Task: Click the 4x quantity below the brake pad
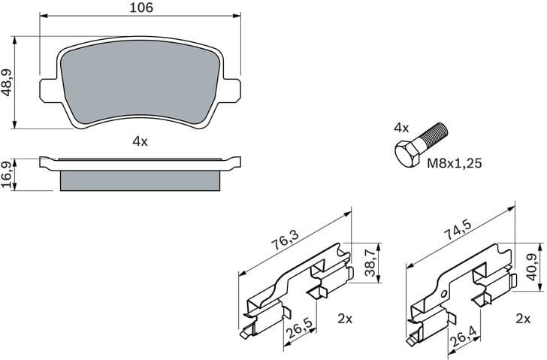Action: tap(140, 141)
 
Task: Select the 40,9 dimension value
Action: tap(533, 262)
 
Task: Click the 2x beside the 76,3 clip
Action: tap(345, 319)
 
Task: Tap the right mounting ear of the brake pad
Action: tap(236, 89)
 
